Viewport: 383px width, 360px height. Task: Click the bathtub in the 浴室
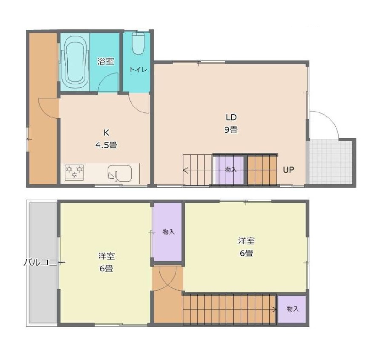75,63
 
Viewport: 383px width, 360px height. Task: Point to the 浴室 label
106,61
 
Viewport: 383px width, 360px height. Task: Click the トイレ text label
138,69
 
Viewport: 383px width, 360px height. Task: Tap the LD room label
231,117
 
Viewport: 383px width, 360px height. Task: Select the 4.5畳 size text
106,146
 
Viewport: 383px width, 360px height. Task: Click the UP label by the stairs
288,170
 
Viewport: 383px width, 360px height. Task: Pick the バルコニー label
44,263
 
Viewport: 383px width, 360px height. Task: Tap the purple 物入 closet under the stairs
230,170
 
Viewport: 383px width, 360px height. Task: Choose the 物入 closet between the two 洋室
168,232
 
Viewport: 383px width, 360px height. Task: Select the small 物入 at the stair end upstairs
292,309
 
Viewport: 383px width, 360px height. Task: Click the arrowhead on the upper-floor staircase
274,310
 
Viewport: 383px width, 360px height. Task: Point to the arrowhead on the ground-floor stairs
185,170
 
